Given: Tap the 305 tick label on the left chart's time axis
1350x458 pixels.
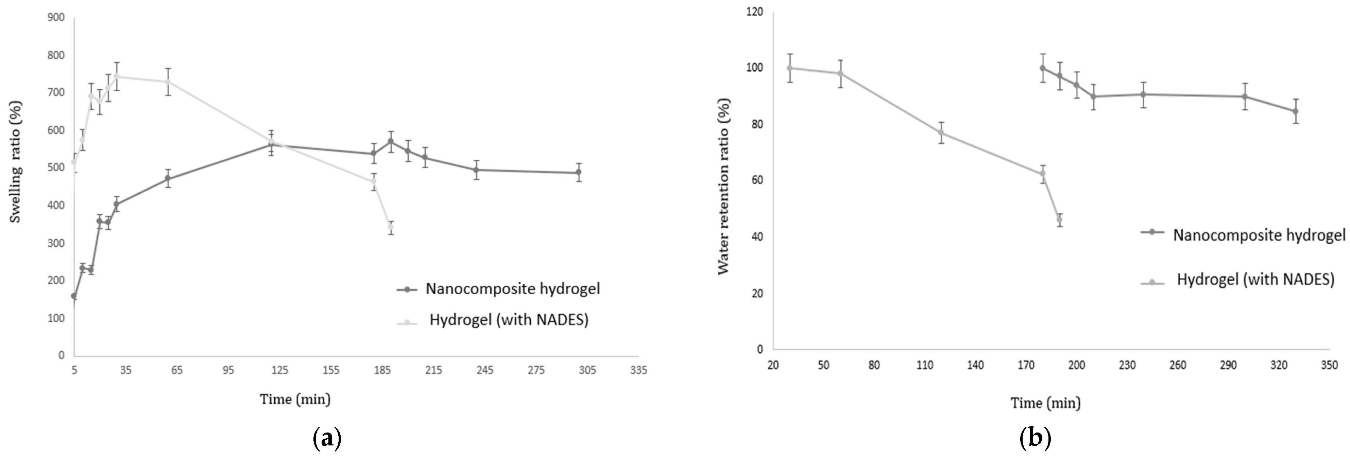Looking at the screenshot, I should click(587, 370).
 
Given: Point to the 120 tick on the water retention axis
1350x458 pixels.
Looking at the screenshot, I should click(755, 12).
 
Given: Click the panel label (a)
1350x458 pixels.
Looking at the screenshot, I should click(327, 438).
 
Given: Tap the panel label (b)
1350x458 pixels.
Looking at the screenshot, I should click(1036, 438).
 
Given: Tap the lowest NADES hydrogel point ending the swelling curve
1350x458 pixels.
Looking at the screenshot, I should click(390, 227).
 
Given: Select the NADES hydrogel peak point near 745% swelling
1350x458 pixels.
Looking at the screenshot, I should click(116, 76).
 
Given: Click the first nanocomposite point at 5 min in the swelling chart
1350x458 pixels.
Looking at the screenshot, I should click(74, 296).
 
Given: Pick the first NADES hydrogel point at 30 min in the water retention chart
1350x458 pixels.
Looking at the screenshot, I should click(789, 68).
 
